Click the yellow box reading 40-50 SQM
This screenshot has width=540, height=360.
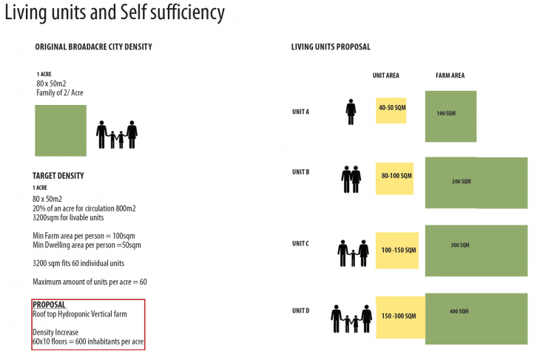pos(391,109)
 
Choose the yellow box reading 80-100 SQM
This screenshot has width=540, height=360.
pos(394,177)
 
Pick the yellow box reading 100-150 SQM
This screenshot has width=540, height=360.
pos(396,250)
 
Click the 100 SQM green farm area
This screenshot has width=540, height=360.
pos(450,116)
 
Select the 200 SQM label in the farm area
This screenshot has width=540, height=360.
pos(461,181)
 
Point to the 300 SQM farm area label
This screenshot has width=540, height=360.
pos(460,245)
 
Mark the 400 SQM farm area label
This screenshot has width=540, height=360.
pos(460,311)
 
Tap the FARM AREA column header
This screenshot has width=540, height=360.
pos(450,75)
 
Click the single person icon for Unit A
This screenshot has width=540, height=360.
pos(351,112)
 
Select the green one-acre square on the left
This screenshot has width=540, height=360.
pos(61,130)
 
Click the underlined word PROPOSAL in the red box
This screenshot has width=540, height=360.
pos(50,305)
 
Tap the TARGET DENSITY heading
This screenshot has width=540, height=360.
pos(58,176)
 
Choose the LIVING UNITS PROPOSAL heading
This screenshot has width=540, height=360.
pos(331,47)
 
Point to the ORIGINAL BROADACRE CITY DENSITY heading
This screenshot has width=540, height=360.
pos(93,47)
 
